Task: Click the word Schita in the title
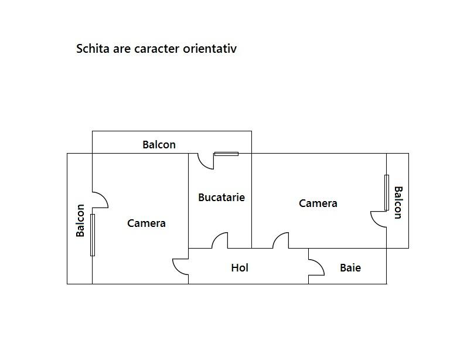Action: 93,48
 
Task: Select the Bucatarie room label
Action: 221,197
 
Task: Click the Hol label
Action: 240,267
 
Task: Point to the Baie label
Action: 350,267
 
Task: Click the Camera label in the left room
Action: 146,223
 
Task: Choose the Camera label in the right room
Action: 318,203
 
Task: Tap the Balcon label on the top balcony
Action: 159,144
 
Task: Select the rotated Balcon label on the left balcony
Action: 80,220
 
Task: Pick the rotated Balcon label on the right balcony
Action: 398,203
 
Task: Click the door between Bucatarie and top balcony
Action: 206,161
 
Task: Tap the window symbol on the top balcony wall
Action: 226,154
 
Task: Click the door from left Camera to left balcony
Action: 100,200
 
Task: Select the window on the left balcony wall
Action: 93,235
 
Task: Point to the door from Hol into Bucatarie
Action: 220,240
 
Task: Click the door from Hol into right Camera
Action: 281,240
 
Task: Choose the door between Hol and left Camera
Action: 180,267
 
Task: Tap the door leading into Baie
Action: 316,267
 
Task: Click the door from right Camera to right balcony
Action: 379,219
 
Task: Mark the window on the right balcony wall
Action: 387,193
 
